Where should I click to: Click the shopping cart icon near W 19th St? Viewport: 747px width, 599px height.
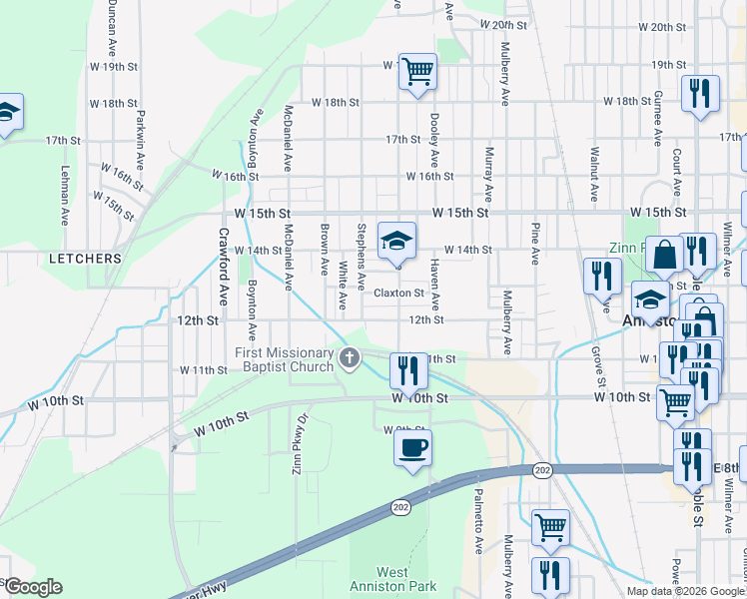417,72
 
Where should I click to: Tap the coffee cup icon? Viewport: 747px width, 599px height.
412,447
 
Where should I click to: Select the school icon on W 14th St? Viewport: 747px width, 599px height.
396,241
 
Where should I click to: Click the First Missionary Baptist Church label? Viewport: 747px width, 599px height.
285,360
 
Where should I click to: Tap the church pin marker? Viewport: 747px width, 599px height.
349,357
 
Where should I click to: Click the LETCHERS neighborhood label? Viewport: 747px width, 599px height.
85,259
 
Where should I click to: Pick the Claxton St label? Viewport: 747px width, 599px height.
399,294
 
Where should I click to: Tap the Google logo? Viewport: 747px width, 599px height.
32,587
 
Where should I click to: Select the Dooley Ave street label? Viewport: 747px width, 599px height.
434,140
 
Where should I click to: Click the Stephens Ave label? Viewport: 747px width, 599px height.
361,252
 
